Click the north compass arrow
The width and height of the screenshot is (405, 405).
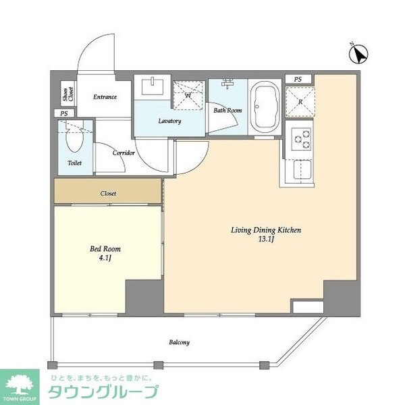(360, 53)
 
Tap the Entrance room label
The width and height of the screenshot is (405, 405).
(104, 97)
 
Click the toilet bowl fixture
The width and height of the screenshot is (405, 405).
(73, 139)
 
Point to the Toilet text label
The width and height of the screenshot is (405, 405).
(75, 164)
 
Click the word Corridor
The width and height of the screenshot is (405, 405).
(124, 153)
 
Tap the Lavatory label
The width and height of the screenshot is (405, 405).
(169, 121)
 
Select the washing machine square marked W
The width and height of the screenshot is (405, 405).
(188, 95)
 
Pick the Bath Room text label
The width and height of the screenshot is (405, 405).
(227, 110)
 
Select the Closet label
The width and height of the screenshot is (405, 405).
(108, 194)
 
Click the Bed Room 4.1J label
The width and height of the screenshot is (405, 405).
(105, 252)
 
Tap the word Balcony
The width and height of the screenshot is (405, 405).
(179, 342)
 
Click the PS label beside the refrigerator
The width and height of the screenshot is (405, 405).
(298, 80)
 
